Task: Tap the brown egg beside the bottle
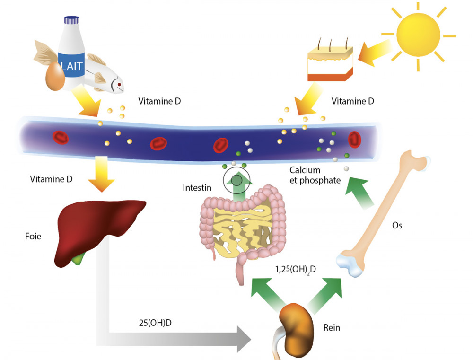click(x=55, y=77)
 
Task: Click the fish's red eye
click(x=120, y=85)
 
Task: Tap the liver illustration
click(x=99, y=232)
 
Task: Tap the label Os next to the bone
click(x=397, y=225)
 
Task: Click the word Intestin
click(x=196, y=188)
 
